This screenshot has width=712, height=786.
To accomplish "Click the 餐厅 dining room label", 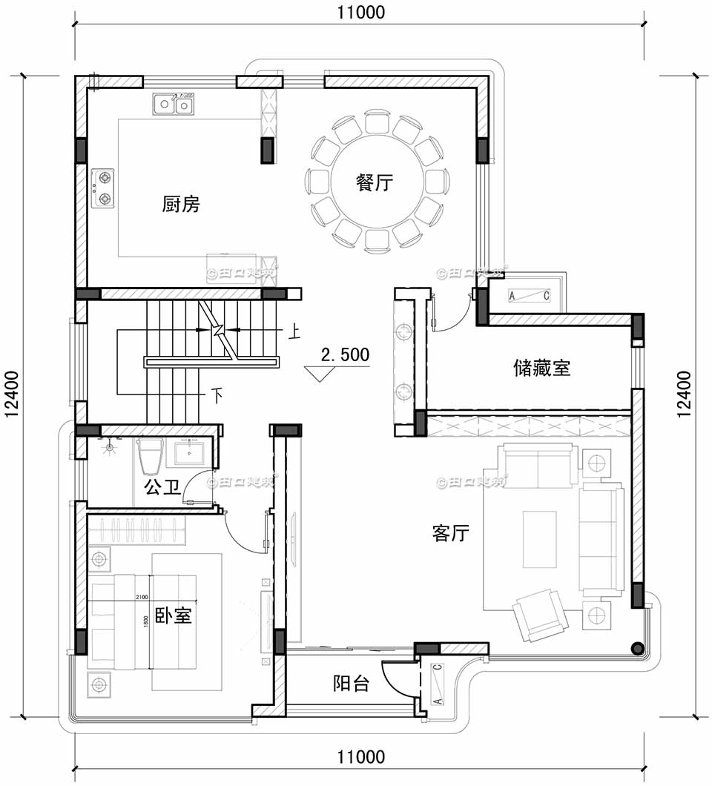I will (x=374, y=183).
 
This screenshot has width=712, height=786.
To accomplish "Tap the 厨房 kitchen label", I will (x=181, y=204).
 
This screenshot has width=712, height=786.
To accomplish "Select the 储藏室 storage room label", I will (x=541, y=367).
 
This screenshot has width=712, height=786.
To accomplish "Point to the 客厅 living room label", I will (x=450, y=532).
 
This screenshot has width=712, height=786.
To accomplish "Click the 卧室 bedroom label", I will (x=174, y=615).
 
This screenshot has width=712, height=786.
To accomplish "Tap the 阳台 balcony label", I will (x=351, y=684).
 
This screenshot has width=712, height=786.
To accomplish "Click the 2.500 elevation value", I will (x=345, y=355).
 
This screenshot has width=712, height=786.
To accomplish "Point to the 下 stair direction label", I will (x=217, y=394).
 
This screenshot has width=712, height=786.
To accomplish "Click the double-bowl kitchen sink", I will (x=175, y=105).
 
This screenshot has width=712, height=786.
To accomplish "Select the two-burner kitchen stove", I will (x=103, y=188).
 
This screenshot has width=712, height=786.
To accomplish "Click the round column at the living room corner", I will (x=636, y=647).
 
